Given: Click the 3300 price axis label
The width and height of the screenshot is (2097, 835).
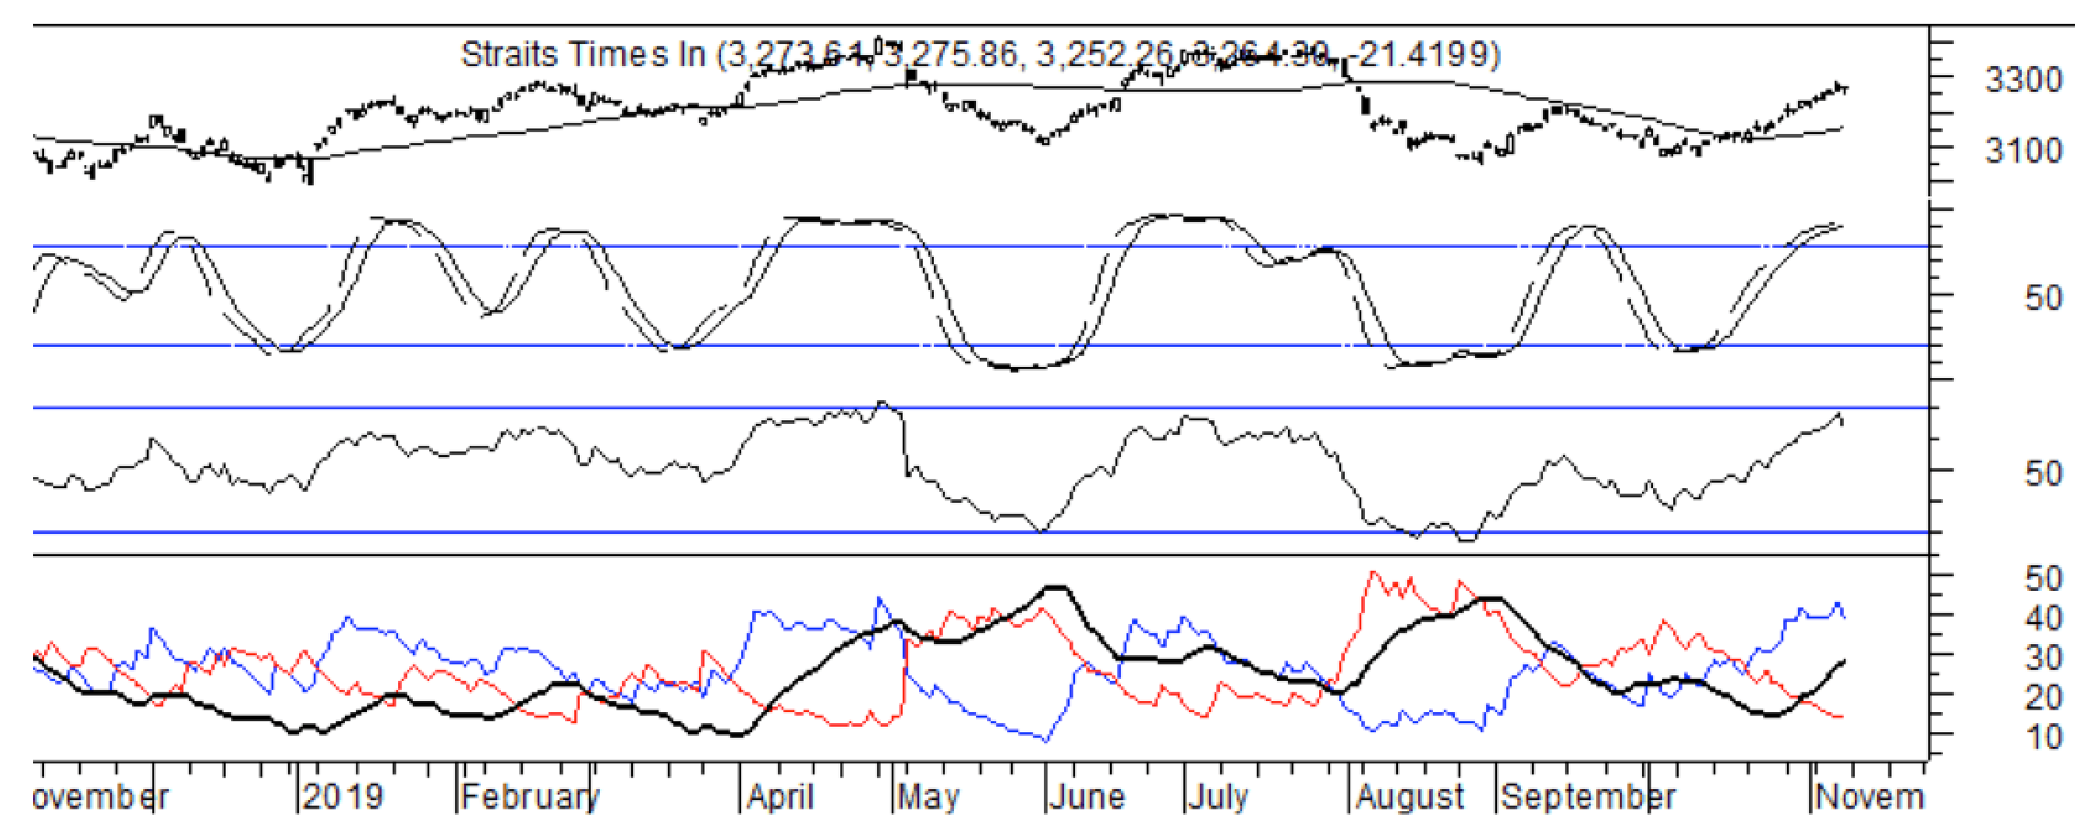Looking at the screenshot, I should pos(2023,81).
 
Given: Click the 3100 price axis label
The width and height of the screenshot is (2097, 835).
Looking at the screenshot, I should pos(2023,150).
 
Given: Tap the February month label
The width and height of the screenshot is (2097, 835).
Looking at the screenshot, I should pos(530,796).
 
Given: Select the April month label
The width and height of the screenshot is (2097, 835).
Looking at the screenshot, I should pos(781,796).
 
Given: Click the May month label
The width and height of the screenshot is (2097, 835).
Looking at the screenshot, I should pos(928,796).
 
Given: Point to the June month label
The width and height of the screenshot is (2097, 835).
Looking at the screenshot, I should pos(1087,796).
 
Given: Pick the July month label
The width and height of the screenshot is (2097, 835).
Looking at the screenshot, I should pos(1218,796).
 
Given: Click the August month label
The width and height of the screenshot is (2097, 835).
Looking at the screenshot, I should pos(1411,796).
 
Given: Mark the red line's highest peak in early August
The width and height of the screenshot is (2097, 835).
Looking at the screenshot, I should pos(1372,573).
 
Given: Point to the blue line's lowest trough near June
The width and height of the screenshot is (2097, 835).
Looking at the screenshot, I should pos(1047,739).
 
